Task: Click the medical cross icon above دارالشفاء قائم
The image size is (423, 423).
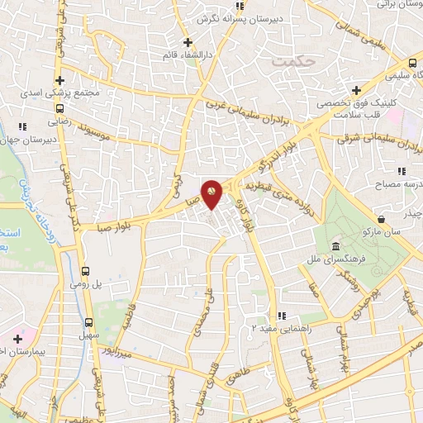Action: [188, 42]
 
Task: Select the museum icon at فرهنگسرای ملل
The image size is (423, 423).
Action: [336, 247]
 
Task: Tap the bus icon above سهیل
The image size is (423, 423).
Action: [89, 322]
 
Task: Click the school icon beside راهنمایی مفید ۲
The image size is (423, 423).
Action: [282, 315]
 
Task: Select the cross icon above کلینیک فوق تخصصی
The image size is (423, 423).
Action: [356, 90]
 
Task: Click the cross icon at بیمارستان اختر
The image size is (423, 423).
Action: [17, 339]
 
